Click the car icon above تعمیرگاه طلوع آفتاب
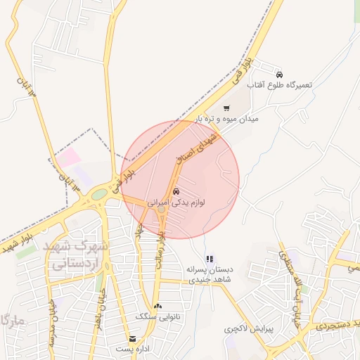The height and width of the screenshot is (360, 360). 279,74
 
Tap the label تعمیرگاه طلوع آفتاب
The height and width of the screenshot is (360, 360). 279,84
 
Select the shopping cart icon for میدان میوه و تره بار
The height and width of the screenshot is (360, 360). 226,108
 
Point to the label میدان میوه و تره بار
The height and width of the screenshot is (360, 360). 227,119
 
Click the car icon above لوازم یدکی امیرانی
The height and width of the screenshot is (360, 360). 176,191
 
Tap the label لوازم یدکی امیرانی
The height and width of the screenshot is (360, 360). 176,202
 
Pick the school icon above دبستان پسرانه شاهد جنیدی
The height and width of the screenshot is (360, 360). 209,259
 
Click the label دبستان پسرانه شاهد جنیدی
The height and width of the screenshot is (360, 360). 209,274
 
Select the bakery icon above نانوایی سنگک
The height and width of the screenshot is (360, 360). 157,306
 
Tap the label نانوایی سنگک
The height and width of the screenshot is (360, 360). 157,317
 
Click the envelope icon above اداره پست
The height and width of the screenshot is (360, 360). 133,338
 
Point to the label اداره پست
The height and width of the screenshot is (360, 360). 133,349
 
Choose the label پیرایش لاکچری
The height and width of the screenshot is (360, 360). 252,328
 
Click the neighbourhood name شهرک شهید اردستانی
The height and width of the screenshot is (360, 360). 75,256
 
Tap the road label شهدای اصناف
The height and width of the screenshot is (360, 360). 200,150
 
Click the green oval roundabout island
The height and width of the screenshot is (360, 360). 99,194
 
